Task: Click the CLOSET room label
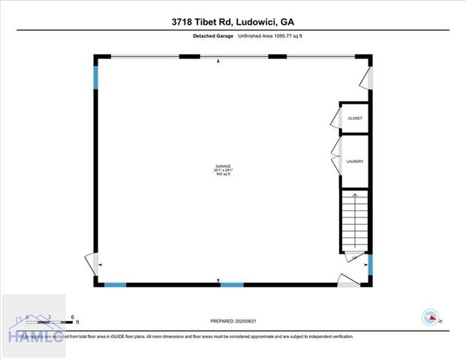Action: point(355,118)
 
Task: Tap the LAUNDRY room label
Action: point(355,161)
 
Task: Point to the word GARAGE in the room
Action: point(223,166)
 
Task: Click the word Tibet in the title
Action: point(206,22)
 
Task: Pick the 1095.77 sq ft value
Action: point(287,36)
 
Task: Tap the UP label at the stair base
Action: point(354,259)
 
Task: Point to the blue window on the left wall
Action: point(96,77)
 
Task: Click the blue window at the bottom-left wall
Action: point(115,284)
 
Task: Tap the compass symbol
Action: point(431,317)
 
